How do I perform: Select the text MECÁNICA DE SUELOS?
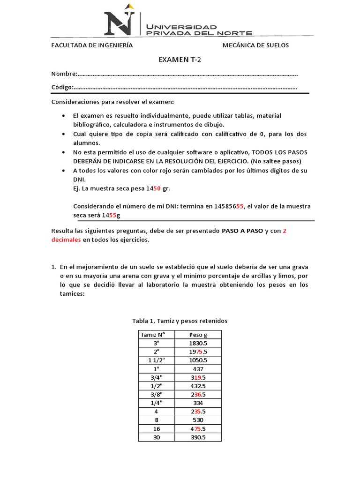255,45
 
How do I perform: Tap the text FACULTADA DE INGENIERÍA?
92,45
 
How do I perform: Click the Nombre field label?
64,74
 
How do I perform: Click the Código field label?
62,87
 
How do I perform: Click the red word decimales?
66,240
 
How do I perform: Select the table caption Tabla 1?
180,321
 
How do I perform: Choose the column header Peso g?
198,335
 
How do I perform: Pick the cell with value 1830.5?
198,343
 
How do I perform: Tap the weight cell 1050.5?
198,360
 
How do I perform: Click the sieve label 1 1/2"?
156,360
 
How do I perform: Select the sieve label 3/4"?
156,377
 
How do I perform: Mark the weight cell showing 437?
198,369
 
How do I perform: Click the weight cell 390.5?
198,437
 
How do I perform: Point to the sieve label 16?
156,429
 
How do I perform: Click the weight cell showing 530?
198,420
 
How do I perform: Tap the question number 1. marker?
53,267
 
